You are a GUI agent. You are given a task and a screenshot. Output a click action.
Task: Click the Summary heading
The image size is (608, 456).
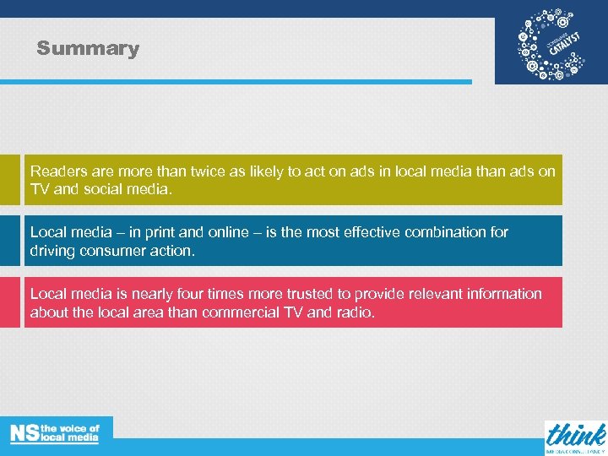tap(88, 48)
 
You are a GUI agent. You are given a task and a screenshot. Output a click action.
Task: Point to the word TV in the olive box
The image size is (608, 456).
tap(41, 189)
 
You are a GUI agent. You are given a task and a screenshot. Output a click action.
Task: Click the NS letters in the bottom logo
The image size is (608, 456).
tap(24, 433)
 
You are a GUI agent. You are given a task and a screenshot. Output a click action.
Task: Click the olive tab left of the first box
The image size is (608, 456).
tap(9, 179)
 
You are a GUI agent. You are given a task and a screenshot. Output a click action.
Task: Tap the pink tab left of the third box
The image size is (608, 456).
tap(9, 301)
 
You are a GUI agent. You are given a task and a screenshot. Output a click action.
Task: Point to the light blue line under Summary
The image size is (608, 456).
tap(236, 82)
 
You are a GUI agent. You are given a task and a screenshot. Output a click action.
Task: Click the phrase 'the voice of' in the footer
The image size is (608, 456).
tap(71, 429)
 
